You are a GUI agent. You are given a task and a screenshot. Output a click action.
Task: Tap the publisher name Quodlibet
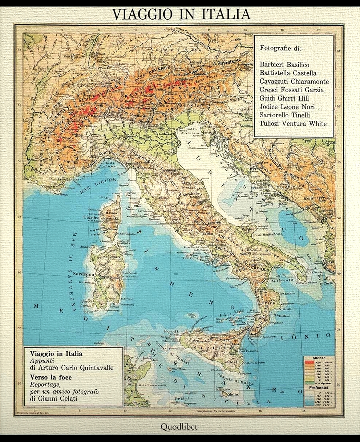(179, 427)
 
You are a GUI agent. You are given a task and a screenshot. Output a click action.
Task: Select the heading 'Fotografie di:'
(278, 48)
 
